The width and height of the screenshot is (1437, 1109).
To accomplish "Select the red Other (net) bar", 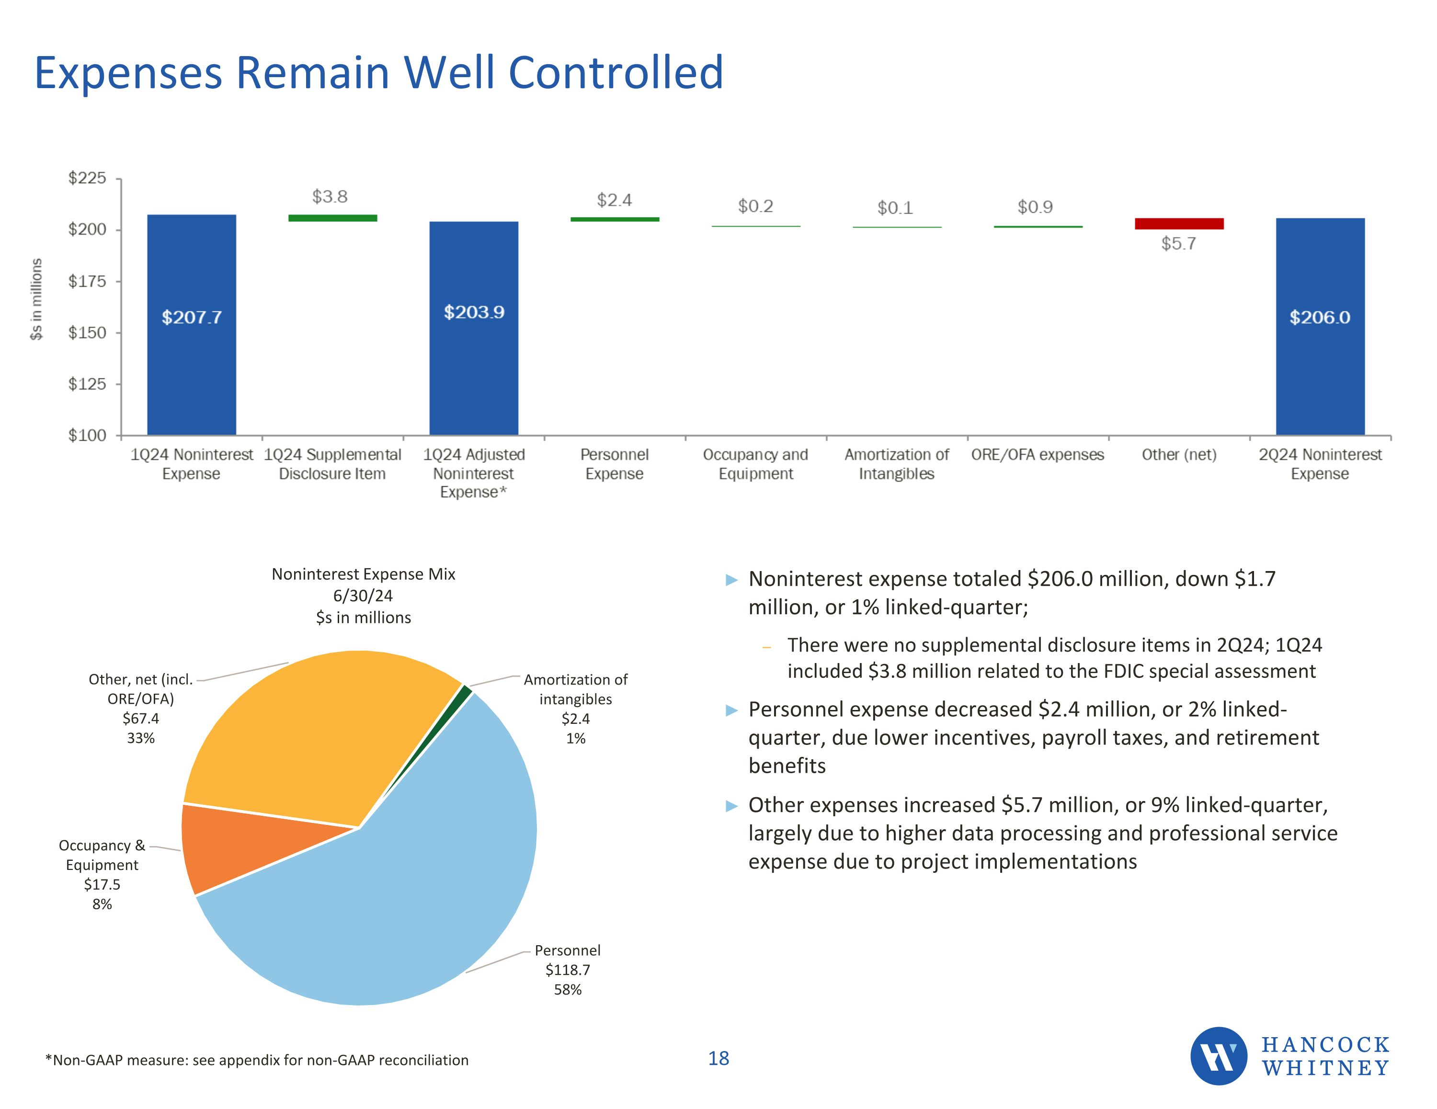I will (x=1179, y=224).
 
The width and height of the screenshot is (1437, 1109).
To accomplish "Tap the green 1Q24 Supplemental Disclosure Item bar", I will (x=333, y=218).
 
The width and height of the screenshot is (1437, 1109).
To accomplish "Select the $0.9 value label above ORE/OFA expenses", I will (x=1035, y=207).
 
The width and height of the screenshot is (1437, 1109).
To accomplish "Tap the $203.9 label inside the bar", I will (x=474, y=312).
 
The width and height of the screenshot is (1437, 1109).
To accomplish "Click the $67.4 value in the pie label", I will (x=141, y=718).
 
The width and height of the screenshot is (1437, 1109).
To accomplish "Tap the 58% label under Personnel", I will (x=567, y=989).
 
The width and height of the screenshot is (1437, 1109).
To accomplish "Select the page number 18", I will (x=718, y=1058).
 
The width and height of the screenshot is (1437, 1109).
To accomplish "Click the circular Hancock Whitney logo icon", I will (x=1219, y=1056).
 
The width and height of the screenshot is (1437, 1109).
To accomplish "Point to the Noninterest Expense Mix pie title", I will (x=363, y=574).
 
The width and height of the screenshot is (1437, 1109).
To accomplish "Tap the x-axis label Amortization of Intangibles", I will (x=896, y=464).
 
